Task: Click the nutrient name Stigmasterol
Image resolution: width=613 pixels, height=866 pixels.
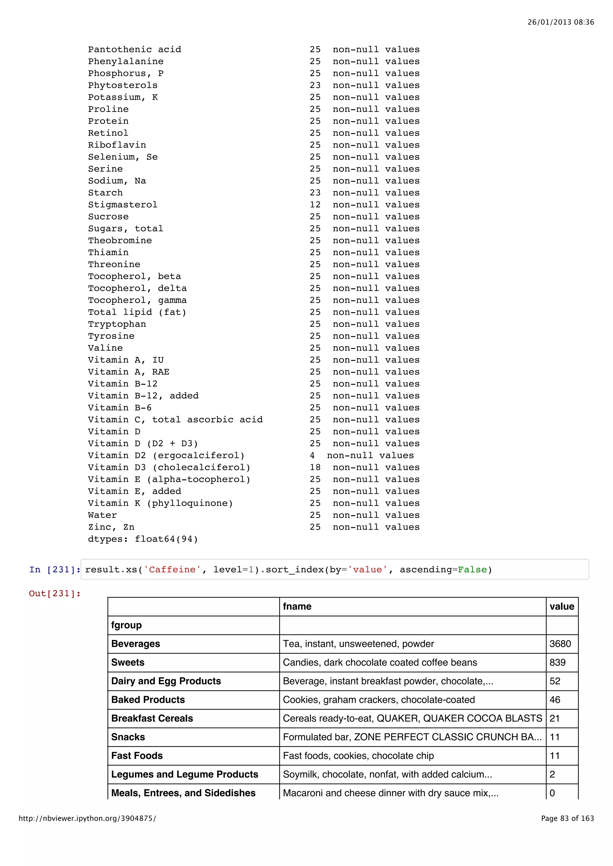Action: click(122, 205)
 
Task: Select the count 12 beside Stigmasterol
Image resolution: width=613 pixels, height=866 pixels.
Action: click(315, 205)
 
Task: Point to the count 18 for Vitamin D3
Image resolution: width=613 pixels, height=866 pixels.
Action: click(315, 468)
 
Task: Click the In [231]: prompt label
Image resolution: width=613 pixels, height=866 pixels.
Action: click(54, 570)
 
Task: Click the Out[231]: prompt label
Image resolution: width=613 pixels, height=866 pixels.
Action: click(54, 594)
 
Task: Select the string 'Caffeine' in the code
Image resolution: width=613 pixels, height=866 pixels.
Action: click(172, 570)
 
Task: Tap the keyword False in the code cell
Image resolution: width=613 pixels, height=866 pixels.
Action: click(472, 570)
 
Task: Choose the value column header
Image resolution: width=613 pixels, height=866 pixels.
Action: click(562, 606)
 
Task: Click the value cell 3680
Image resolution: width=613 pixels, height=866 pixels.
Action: click(560, 644)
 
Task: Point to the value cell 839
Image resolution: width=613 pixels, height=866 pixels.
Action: click(558, 663)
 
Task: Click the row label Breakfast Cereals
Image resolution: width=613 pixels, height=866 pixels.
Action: click(152, 719)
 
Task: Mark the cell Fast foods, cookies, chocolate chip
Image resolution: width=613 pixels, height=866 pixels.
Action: click(358, 756)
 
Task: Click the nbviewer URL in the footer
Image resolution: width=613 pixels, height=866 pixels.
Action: click(87, 818)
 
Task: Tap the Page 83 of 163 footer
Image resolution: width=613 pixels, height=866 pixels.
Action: click(567, 818)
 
